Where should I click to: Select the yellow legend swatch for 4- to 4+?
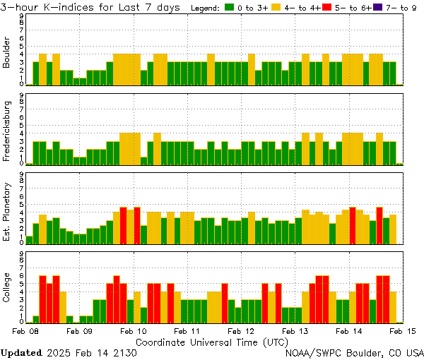click(276, 8)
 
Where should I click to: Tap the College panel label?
click(7, 289)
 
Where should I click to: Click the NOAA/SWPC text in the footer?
click(311, 352)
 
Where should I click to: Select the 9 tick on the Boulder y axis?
click(22, 16)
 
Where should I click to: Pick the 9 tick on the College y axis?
click(22, 253)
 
